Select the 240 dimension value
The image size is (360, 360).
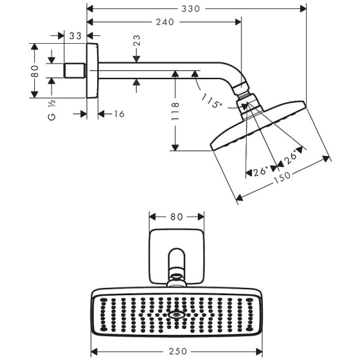point(163,22)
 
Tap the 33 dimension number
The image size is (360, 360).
point(75,36)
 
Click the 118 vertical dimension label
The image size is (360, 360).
point(175,112)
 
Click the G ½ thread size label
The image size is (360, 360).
point(52,112)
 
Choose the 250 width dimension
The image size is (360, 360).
point(178,351)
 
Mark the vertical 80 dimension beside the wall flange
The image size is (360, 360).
point(35,71)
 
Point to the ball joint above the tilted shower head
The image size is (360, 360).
point(246,103)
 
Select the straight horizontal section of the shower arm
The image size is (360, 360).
point(156,70)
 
